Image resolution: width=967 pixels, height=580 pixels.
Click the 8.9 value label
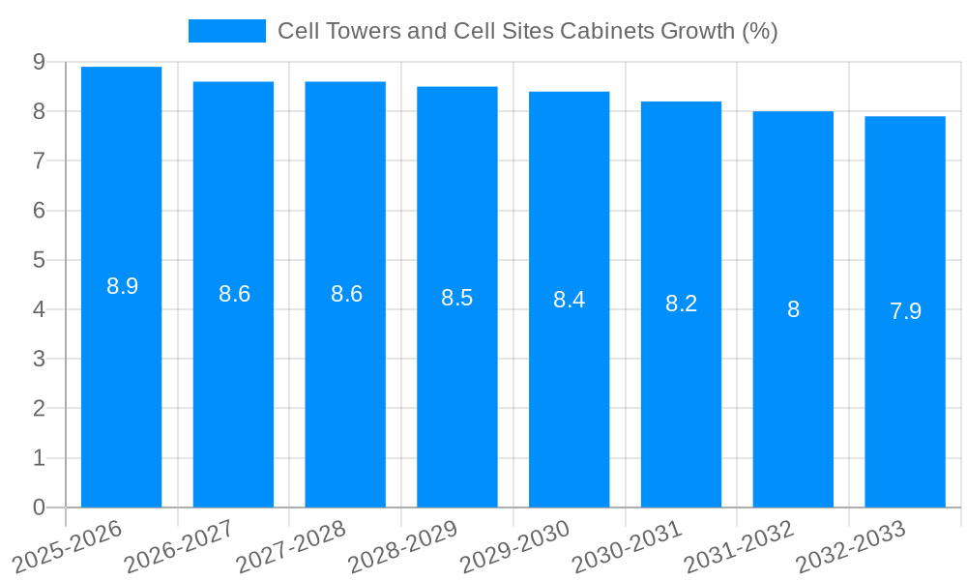[x=123, y=286]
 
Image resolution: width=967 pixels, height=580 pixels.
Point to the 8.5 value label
[x=457, y=298]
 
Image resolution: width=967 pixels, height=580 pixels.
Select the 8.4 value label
[x=569, y=300]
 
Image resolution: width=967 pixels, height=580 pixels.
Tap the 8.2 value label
[x=681, y=304]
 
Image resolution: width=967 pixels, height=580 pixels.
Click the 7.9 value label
[x=905, y=311]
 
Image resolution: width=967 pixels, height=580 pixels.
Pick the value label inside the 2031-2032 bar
[x=793, y=309]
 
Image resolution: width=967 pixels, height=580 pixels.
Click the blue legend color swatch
[x=227, y=31]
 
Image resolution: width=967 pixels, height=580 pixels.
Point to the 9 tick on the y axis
[x=39, y=62]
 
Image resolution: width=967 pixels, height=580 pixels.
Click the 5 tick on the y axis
[x=39, y=260]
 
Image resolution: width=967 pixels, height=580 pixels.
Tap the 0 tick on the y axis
[x=39, y=507]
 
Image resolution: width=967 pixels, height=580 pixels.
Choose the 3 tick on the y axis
[x=39, y=359]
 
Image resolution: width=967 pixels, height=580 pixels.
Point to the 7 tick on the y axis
[x=39, y=160]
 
